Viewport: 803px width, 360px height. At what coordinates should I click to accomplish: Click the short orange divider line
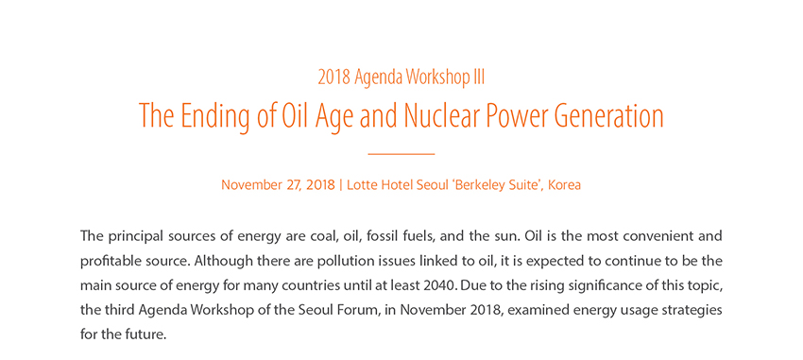pyautogui.click(x=401, y=154)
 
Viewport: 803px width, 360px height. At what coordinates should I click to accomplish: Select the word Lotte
pyautogui.click(x=360, y=185)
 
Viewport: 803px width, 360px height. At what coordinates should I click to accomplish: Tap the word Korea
pyautogui.click(x=564, y=185)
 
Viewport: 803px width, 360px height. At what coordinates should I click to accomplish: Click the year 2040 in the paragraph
pyautogui.click(x=440, y=285)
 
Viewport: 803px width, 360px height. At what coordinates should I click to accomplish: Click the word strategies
pyautogui.click(x=697, y=311)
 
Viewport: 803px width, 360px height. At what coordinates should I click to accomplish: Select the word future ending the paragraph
pyautogui.click(x=149, y=335)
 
